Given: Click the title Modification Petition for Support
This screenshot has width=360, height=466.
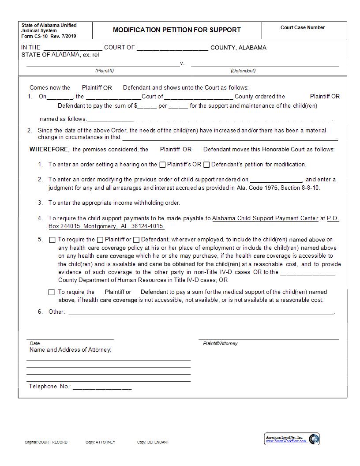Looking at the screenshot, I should (x=177, y=30).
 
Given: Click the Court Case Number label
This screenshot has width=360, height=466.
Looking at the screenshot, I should (x=303, y=27).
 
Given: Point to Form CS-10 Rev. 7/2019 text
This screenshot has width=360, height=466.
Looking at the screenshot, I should (x=49, y=36).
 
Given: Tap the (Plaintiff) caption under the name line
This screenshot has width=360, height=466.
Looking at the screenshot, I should (x=105, y=71).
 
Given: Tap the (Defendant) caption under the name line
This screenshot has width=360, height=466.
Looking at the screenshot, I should (x=243, y=71).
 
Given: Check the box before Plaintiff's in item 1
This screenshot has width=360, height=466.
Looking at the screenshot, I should (x=162, y=165).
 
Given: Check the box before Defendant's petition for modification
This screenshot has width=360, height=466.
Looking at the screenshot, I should (x=206, y=165).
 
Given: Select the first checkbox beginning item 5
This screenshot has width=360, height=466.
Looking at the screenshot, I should (x=52, y=240).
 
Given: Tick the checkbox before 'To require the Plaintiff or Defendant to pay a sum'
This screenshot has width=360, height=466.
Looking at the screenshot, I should (x=52, y=292).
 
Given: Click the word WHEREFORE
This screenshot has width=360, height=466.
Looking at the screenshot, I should (x=49, y=150).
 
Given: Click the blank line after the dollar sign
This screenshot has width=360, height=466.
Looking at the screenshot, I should (x=147, y=106).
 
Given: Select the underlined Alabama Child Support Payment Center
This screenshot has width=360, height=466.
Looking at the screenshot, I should (x=265, y=218).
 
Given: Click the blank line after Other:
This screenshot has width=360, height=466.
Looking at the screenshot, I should (x=201, y=312).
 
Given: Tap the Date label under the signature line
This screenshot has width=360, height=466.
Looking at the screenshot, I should (x=35, y=343).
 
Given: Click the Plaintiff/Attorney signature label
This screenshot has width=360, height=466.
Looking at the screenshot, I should (x=220, y=343).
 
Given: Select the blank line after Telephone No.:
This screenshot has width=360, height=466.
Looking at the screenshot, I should (x=102, y=387).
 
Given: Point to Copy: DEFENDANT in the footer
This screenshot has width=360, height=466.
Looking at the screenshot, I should (x=153, y=442).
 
